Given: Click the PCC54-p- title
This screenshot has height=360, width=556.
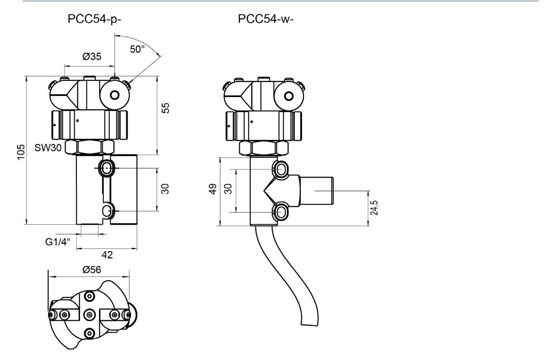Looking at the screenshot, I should pyautogui.click(x=94, y=20).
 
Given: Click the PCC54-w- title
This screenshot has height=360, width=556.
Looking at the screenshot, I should pyautogui.click(x=265, y=20).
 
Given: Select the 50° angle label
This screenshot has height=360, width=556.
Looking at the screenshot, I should pyautogui.click(x=137, y=49).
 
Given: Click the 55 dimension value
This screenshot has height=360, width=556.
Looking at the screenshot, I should pyautogui.click(x=165, y=108).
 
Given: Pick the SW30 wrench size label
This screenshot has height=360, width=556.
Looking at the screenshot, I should pyautogui.click(x=48, y=148).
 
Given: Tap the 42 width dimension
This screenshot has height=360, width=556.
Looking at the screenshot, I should pyautogui.click(x=107, y=255).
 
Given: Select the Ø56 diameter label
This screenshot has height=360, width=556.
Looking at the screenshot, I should pyautogui.click(x=91, y=269).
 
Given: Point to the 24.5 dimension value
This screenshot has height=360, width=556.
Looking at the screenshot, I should pyautogui.click(x=374, y=208).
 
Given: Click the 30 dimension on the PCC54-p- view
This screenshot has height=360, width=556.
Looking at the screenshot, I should pyautogui.click(x=165, y=189).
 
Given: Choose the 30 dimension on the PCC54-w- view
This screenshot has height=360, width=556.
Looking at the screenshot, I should pyautogui.click(x=228, y=189).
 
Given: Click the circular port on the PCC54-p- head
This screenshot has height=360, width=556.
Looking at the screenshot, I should pyautogui.click(x=115, y=95).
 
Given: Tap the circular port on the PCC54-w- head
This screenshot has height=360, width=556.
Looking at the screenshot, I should pyautogui.click(x=289, y=96).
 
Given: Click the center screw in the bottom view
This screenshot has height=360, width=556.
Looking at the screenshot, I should pyautogui.click(x=89, y=314).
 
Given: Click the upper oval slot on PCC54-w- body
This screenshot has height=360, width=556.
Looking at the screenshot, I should pyautogui.click(x=281, y=169).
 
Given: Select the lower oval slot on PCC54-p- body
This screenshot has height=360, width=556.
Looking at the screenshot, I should pyautogui.click(x=106, y=210).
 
